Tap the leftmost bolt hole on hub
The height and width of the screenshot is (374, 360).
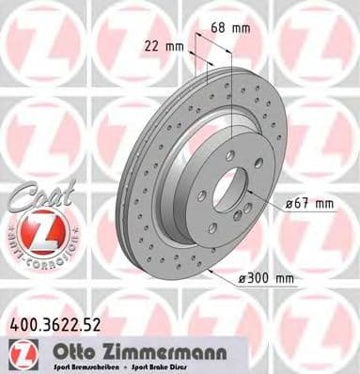(x=201, y=195)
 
